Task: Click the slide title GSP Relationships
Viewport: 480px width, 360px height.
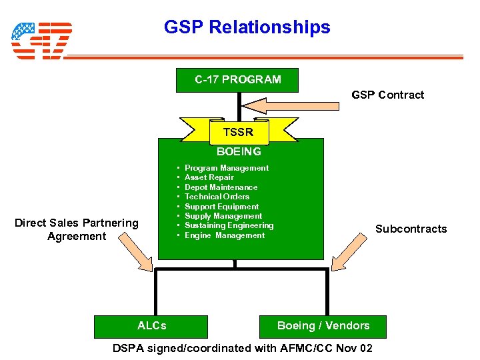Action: (x=247, y=27)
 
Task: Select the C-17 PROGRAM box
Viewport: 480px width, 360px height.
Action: (x=237, y=80)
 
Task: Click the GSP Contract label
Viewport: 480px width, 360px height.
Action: (x=387, y=95)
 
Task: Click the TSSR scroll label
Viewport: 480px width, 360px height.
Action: (x=238, y=132)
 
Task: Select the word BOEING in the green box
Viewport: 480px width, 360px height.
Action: (x=239, y=151)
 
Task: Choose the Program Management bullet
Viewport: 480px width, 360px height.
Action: (x=226, y=168)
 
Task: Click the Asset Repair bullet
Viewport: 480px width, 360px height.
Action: (x=209, y=177)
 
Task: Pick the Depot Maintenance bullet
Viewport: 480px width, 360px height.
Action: (x=221, y=187)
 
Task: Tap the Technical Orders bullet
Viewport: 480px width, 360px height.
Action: (x=217, y=197)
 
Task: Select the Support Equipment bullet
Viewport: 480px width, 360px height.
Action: (x=221, y=207)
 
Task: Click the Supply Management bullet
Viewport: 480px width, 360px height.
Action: (x=223, y=216)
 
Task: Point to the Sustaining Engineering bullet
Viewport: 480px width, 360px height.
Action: (x=229, y=225)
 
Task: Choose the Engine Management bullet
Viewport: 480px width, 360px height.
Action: (x=224, y=235)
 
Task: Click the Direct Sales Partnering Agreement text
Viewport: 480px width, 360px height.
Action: (x=77, y=229)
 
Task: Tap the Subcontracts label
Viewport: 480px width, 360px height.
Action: (x=411, y=229)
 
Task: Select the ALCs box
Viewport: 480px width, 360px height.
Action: (x=152, y=325)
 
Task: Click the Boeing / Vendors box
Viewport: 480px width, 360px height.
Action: (x=323, y=325)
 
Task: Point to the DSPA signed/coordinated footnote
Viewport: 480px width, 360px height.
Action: (x=243, y=348)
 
